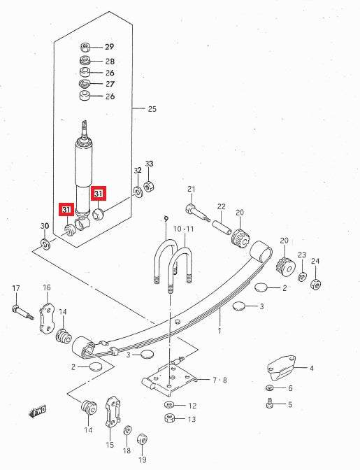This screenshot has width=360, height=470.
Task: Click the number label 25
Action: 152,109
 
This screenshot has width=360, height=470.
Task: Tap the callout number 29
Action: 109,48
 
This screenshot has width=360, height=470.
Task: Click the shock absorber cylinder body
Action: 82,171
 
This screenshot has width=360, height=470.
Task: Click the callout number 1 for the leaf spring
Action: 219,330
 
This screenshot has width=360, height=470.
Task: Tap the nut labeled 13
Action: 168,419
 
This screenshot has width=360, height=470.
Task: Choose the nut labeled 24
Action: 316,284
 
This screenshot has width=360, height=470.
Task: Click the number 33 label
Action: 148,164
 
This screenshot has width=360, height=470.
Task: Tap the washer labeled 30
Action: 45,244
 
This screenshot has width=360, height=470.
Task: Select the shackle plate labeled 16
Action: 47,318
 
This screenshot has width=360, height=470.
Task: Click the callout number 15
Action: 110,445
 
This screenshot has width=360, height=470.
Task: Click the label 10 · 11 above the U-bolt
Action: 183,229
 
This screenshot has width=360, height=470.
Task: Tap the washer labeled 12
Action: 169,405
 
